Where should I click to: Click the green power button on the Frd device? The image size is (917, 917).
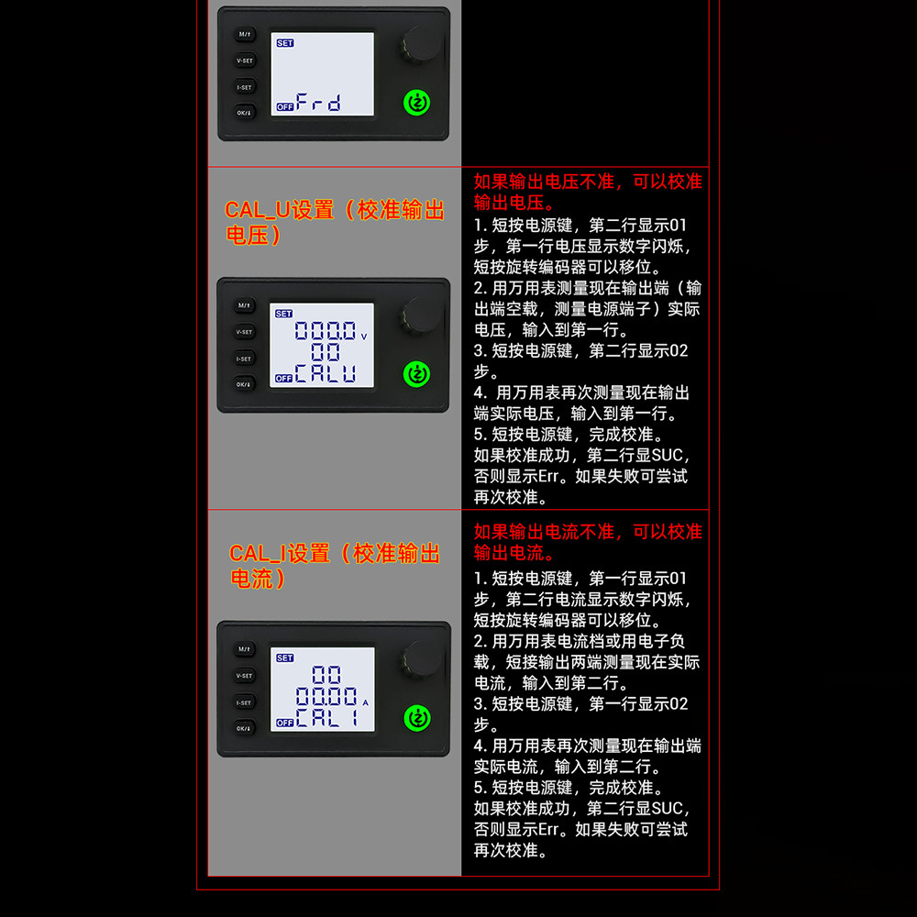click(416, 103)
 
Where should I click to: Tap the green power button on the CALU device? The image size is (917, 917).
click(416, 374)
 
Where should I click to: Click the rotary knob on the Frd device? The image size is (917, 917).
click(422, 43)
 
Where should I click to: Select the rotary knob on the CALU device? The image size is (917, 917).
click(422, 314)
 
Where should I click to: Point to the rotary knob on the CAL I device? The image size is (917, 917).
click(422, 657)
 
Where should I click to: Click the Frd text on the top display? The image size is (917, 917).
click(318, 103)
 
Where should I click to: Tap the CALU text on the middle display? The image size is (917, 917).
click(326, 373)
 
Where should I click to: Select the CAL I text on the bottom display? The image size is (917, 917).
click(326, 717)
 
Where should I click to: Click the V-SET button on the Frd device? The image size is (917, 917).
click(245, 61)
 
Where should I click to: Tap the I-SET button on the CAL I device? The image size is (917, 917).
click(245, 702)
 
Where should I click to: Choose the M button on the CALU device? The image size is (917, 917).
click(245, 305)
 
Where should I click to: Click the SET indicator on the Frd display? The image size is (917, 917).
click(285, 43)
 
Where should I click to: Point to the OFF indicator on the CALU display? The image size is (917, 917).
click(283, 379)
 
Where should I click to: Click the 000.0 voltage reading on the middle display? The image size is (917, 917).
click(326, 331)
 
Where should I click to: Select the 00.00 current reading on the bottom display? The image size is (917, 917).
click(326, 696)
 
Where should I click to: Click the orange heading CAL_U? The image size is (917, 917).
click(258, 211)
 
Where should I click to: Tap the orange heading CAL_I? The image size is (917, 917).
click(258, 554)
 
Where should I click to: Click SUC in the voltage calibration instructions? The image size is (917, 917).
click(667, 456)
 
